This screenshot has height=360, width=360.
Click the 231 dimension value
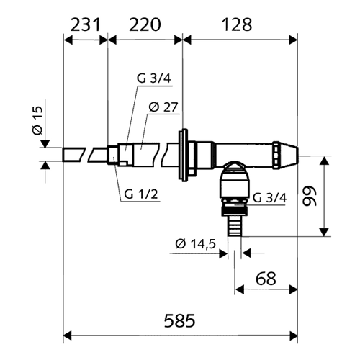(85, 24)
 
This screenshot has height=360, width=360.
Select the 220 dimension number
(145, 24)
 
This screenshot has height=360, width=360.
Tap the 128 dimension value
(237, 24)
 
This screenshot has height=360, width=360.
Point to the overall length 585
(180, 320)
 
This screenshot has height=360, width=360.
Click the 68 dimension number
(266, 279)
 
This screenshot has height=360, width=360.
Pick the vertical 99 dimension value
(310, 196)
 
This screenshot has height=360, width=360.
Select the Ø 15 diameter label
(37, 120)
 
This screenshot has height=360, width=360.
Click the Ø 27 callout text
(163, 107)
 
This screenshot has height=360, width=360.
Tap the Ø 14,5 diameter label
(196, 244)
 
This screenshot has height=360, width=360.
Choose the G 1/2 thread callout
(141, 194)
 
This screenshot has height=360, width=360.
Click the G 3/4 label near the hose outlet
(270, 198)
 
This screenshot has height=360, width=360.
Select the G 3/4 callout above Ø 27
(154, 78)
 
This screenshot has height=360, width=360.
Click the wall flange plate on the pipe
(183, 155)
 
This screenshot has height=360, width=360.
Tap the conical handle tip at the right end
(288, 155)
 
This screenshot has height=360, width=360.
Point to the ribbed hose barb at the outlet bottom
(234, 226)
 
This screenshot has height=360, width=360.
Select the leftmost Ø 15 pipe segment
(74, 155)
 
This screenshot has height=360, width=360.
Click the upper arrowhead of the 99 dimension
(324, 161)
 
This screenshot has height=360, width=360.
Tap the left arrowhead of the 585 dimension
(68, 336)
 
